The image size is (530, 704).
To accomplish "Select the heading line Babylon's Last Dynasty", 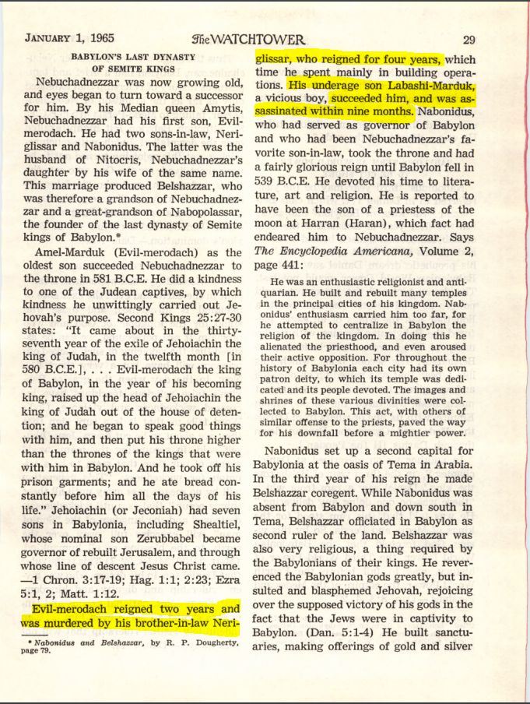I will pyautogui.click(x=132, y=57).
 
